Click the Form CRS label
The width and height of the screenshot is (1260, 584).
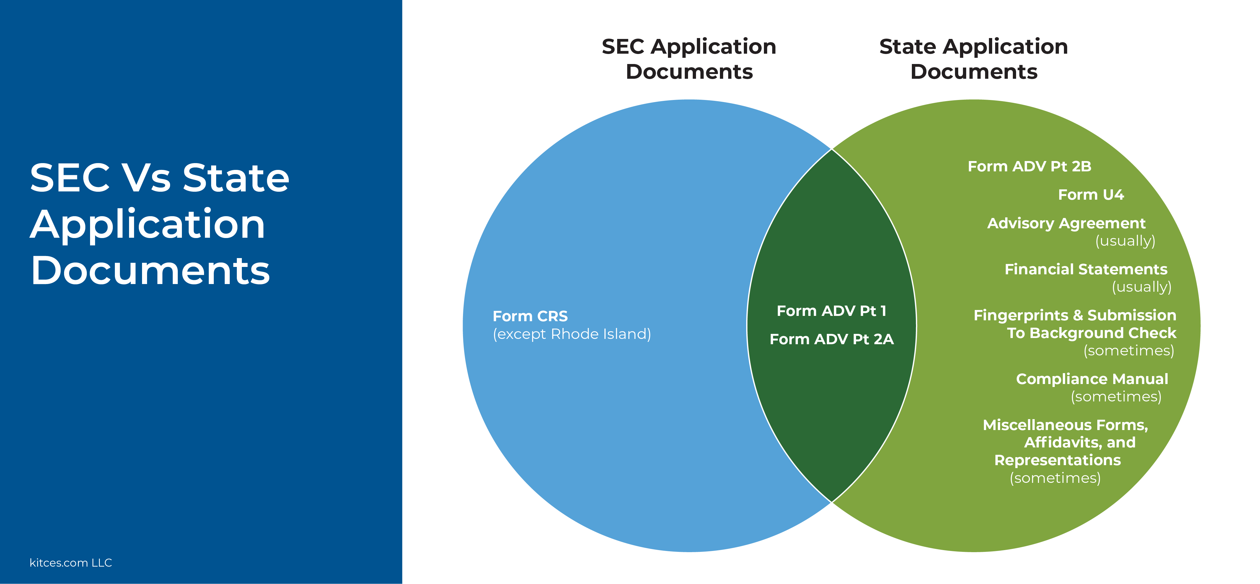[530, 316]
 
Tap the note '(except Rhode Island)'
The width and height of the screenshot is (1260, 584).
[572, 334]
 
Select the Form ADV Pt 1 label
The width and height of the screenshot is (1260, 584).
[832, 311]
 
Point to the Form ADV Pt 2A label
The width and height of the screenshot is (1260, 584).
[832, 339]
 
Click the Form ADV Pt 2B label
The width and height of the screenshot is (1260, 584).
[1030, 167]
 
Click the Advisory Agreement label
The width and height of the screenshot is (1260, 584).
[1066, 223]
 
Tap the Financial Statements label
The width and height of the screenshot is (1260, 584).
[1086, 269]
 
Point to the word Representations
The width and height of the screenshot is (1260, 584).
[1057, 460]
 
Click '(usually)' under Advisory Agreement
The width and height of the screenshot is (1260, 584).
[1125, 241]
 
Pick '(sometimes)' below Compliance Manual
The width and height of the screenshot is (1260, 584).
[1116, 396]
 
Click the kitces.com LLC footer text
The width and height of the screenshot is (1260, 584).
[71, 563]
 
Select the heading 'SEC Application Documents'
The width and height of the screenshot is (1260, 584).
[689, 59]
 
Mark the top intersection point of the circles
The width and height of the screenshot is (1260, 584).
[832, 149]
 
